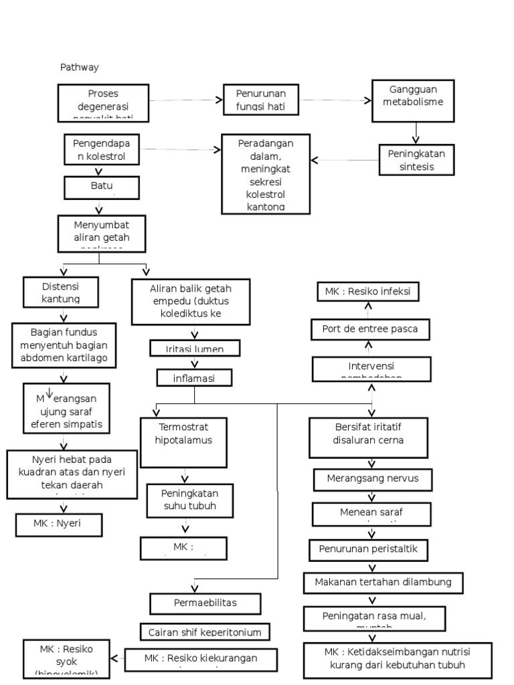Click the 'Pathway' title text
tap(80, 68)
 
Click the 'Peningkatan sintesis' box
tap(416, 160)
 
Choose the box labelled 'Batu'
tap(102, 187)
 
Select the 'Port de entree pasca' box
tap(370, 329)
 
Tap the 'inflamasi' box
tap(194, 378)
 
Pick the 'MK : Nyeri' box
tap(59, 524)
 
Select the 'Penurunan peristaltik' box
tap(367, 550)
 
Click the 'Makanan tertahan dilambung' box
tap(383, 582)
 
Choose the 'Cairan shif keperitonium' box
tap(205, 631)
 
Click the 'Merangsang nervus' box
tap(372, 480)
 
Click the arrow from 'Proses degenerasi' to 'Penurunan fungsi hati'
tap(185, 100)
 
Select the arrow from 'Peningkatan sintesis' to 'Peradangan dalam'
tap(345, 161)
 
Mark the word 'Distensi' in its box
tap(61, 286)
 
